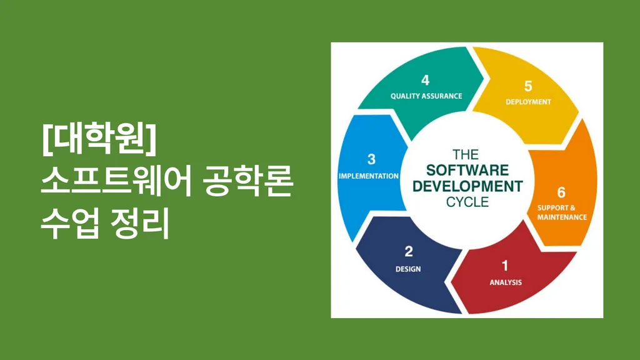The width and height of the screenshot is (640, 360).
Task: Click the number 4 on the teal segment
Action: tap(425, 80)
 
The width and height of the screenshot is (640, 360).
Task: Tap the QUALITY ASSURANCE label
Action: tap(426, 96)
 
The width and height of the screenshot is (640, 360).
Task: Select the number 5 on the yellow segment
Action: tap(528, 86)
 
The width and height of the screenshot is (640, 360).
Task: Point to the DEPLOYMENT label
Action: tap(528, 102)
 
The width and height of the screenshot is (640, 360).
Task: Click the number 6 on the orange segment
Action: tap(562, 192)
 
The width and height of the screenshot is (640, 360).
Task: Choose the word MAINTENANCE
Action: tap(562, 217)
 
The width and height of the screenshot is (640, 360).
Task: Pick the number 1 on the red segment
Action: tap(505, 266)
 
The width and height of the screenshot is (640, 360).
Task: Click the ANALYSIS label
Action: tap(506, 282)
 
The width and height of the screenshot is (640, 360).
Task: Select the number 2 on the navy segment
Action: tap(409, 251)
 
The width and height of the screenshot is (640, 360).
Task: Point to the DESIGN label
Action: tap(408, 269)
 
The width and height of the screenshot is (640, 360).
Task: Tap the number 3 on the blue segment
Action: tap(371, 159)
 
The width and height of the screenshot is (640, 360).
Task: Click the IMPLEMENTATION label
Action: tap(369, 176)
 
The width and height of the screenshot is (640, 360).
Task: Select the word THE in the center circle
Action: tap(466, 155)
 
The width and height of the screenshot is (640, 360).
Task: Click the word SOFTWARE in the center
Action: tap(467, 170)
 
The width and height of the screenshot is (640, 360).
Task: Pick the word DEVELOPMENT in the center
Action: tap(467, 186)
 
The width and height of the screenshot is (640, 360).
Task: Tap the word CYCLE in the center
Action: tap(467, 202)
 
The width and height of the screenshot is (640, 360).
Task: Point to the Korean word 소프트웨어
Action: tap(116, 182)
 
